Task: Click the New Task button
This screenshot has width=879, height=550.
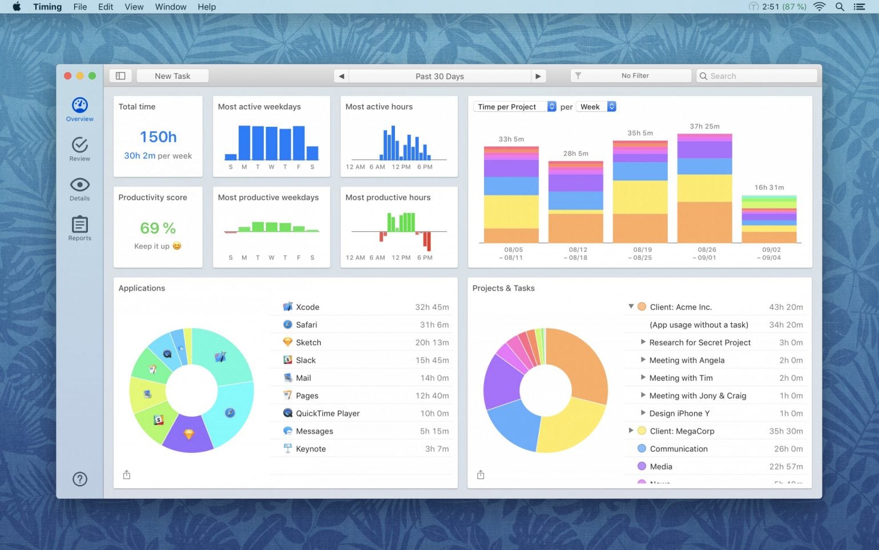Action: [x=172, y=76]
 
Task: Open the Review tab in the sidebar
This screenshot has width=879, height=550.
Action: [x=80, y=148]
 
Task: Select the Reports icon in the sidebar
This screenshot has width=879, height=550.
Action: [x=80, y=228]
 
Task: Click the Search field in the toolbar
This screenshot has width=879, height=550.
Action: [x=757, y=76]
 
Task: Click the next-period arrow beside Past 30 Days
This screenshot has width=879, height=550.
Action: [x=538, y=76]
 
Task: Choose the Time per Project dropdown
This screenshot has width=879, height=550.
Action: [x=514, y=107]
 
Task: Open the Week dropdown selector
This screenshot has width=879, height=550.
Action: [x=596, y=107]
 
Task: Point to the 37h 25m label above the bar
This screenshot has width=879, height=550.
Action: [x=704, y=126]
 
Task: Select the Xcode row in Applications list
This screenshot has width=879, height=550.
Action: [x=365, y=307]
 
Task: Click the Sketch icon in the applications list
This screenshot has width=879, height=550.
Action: [x=288, y=342]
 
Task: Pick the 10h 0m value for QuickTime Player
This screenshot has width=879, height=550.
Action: [x=434, y=413]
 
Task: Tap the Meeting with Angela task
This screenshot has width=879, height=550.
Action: [x=687, y=360]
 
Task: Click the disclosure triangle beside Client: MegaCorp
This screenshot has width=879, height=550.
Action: [x=631, y=431]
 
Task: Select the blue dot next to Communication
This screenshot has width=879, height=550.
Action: [x=642, y=449]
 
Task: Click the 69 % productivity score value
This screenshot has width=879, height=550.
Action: [x=158, y=228]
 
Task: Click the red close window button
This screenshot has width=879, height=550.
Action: [x=67, y=76]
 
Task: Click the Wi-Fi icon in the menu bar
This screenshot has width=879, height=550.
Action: [x=820, y=7]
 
